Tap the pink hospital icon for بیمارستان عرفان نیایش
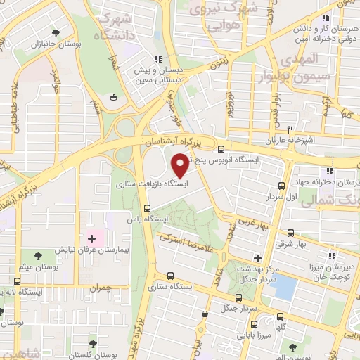(x=91, y=239)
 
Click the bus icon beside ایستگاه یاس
(x=147, y=208)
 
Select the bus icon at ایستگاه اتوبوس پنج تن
(x=221, y=149)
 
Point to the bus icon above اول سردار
(x=281, y=186)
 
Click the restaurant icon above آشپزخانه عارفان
(x=289, y=130)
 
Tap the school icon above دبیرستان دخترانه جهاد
(x=328, y=172)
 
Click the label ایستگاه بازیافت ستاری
(x=149, y=184)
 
